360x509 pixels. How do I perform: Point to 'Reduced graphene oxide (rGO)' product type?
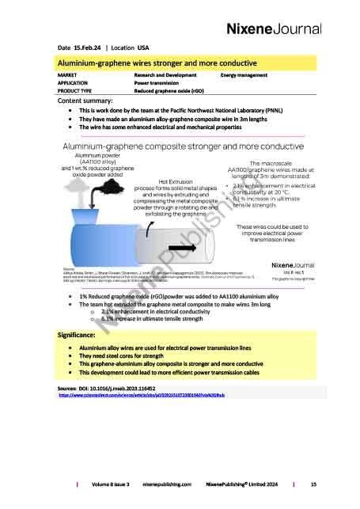click(171, 91)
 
